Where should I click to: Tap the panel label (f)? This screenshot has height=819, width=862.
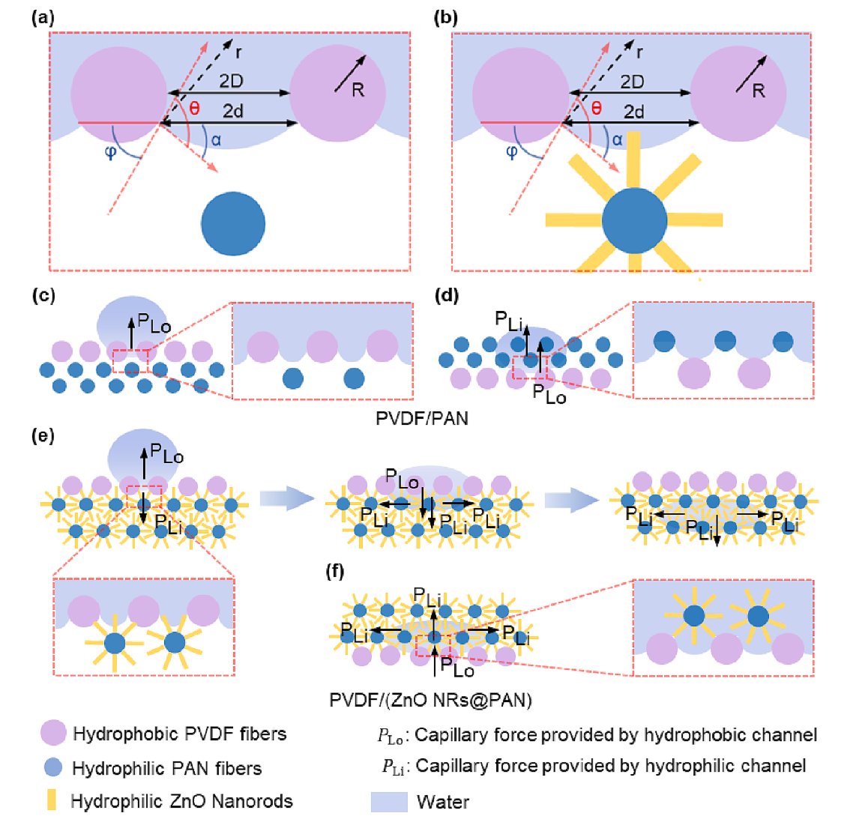334,571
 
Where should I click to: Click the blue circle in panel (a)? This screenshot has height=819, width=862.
233,223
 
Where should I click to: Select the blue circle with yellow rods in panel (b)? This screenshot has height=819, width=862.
634,220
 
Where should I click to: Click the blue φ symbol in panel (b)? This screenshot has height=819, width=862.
512,152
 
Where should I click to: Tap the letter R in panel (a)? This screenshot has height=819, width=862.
358,90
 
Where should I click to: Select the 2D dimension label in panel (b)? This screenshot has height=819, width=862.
632,81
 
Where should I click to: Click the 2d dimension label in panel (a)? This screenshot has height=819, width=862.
233,111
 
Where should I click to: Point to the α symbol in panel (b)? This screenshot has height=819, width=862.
617,139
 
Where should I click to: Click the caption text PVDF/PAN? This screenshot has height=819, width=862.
422,418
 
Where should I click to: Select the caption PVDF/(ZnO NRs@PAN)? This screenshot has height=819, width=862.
431,700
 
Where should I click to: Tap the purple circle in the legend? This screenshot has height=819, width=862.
53,733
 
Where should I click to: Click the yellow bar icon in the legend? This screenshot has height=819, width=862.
52,800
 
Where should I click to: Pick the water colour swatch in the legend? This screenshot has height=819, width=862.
389,801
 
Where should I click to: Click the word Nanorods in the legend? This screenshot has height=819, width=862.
252,801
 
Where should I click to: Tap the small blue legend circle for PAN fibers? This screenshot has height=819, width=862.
52,767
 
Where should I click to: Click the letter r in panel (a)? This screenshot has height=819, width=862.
238,52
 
